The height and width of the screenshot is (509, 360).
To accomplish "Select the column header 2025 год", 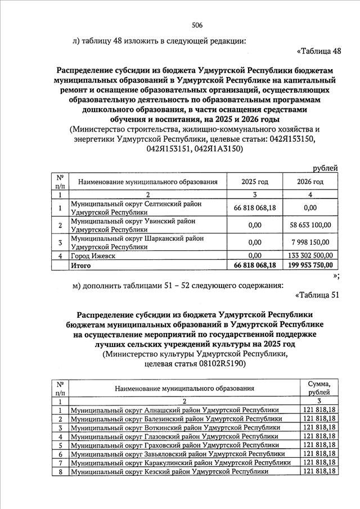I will [255, 182].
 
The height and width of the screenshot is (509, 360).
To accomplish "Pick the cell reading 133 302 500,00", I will [310, 256].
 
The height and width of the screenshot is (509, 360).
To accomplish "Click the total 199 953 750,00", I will [310, 265].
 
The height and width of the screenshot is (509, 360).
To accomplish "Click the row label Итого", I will [78, 265].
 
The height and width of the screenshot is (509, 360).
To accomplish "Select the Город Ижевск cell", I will [92, 256].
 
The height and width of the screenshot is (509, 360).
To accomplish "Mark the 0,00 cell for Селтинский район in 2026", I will [310, 208].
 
